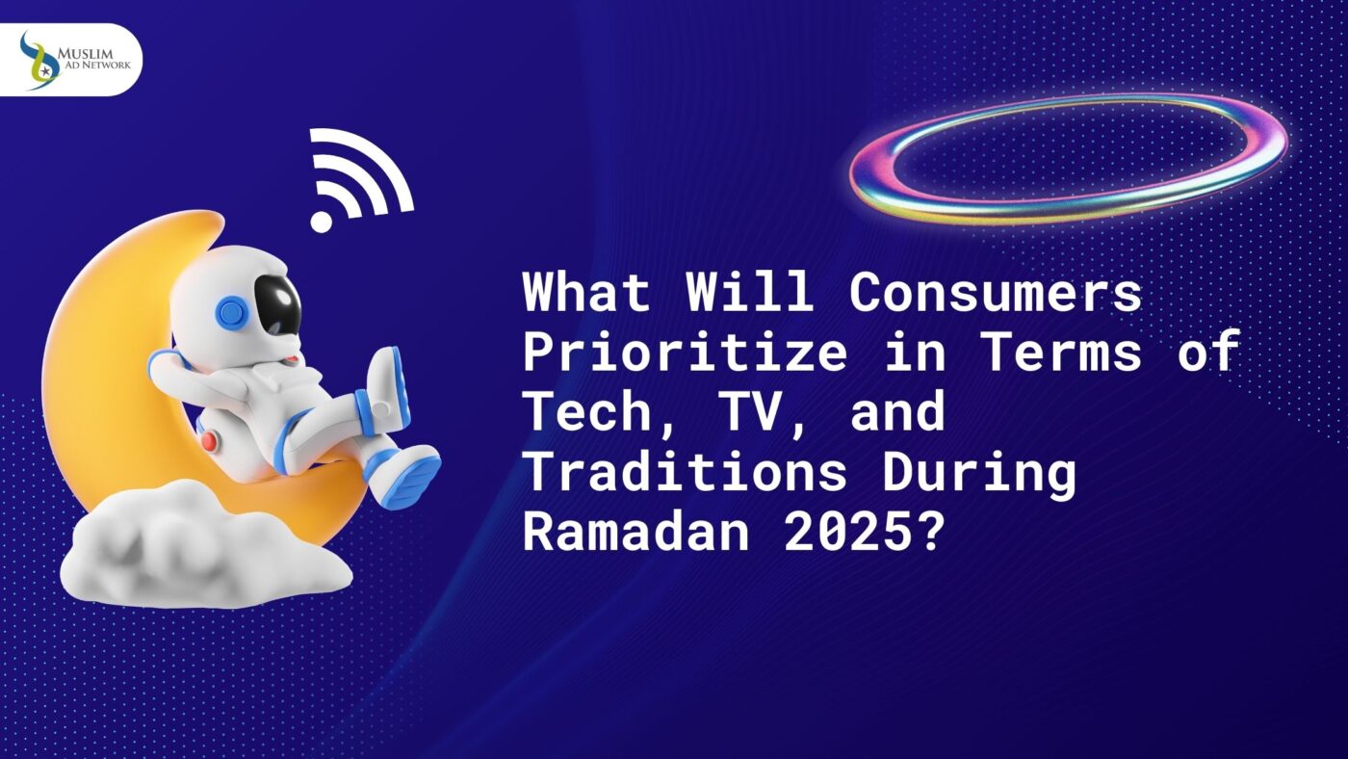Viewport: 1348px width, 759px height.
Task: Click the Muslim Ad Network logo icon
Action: [x=39, y=60]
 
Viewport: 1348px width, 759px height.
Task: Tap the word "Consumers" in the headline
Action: [x=995, y=292]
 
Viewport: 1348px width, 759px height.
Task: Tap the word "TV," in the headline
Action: [x=742, y=412]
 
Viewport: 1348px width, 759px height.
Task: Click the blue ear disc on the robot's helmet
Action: [x=231, y=313]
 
